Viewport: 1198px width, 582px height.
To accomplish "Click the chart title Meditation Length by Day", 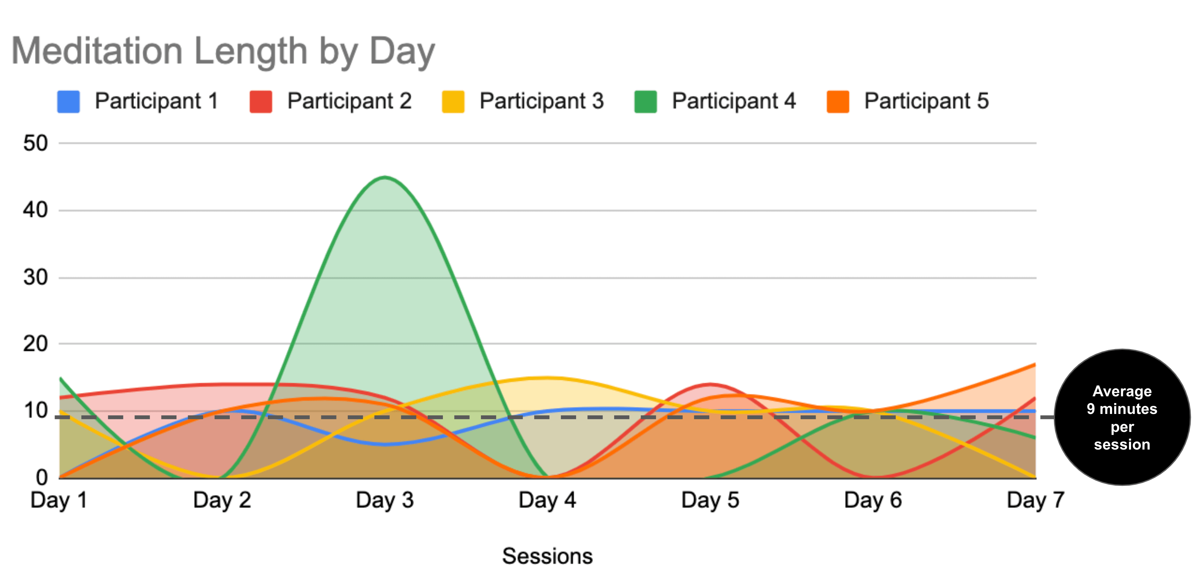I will (x=223, y=51).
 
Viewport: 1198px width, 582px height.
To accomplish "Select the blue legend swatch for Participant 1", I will (x=68, y=102).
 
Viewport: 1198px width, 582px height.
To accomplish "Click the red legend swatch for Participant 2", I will (x=261, y=102).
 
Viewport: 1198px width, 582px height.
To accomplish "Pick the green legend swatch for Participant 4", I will (x=646, y=102).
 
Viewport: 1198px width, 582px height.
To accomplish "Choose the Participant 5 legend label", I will (x=926, y=101).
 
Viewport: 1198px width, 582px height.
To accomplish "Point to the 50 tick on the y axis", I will (x=36, y=143).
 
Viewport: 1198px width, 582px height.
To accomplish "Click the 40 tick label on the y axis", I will (x=36, y=210).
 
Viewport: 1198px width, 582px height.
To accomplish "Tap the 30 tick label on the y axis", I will (x=36, y=278).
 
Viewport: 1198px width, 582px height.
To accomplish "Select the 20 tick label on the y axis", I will (x=36, y=344).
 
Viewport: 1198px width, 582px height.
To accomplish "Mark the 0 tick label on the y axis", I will (x=42, y=477).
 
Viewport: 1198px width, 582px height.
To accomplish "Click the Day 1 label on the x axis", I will (x=59, y=501).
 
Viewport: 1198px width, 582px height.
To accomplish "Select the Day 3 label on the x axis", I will (x=385, y=501).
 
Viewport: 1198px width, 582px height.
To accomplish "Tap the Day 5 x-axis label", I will (x=710, y=501).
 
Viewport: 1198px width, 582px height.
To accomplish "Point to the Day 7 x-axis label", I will (x=1036, y=501).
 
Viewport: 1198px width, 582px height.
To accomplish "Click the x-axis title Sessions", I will (x=547, y=556).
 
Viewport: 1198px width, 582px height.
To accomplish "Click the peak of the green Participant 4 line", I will (x=385, y=177).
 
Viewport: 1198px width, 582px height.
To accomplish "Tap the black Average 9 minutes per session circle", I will (x=1122, y=417).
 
